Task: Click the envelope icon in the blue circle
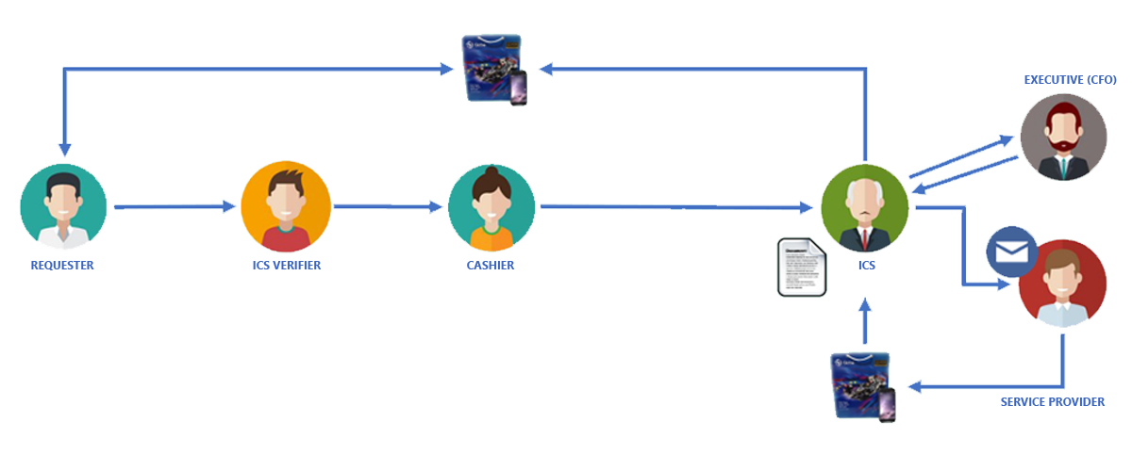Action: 1012,252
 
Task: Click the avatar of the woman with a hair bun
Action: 491,208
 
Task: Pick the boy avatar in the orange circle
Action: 286,208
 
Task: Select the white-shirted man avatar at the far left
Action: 63,208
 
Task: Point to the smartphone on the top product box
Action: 518,90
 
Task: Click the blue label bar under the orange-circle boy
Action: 287,266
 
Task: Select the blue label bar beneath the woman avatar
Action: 491,266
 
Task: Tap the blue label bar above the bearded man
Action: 1070,80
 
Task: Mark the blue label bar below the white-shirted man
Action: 62,266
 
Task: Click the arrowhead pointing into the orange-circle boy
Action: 231,206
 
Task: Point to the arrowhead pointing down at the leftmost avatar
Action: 63,151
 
